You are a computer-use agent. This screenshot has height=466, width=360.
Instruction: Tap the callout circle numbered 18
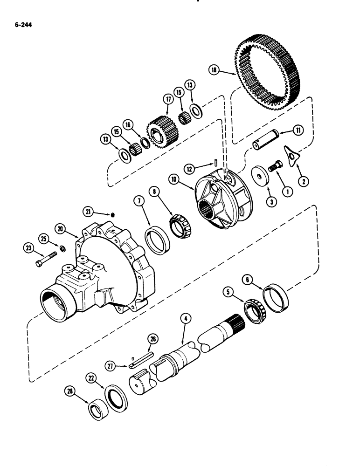pos(214,70)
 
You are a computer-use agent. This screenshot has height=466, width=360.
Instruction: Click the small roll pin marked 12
pos(218,162)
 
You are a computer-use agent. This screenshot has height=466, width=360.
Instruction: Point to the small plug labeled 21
pos(113,214)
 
